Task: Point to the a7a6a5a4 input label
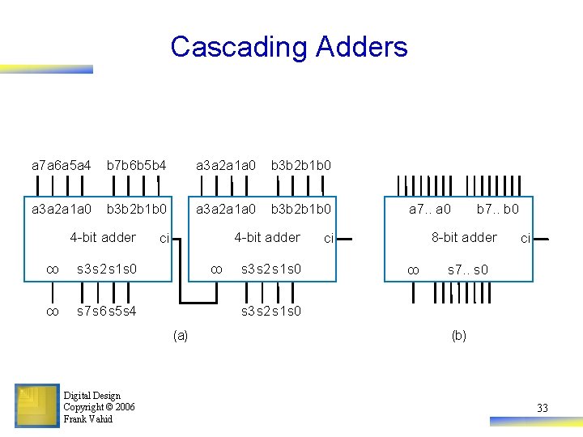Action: pos(61,165)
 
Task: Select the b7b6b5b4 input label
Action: pos(137,165)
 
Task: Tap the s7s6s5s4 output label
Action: pos(106,311)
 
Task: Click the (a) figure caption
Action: pos(180,335)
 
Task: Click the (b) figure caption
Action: pos(458,335)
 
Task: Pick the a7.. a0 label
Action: pos(430,210)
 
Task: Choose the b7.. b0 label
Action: pos(497,210)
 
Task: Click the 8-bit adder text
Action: pos(464,237)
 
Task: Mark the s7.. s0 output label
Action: pos(468,269)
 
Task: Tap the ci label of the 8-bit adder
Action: pos(526,239)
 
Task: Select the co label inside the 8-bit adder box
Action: pos(412,270)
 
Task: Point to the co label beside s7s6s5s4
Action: pos(53,311)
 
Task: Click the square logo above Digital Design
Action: pos(36,405)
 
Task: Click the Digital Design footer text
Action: pos(91,396)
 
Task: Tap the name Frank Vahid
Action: pos(88,419)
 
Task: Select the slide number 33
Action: pos(542,408)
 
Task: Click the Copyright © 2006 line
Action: pos(99,407)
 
